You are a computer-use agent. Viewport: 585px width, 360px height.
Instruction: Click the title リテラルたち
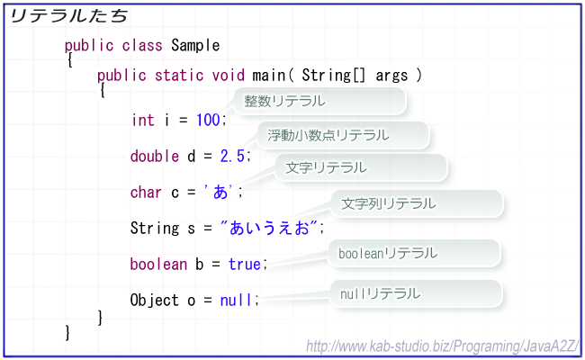(69, 16)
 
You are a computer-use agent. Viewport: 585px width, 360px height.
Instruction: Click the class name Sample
(195, 46)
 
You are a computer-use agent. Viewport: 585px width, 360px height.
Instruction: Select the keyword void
(229, 75)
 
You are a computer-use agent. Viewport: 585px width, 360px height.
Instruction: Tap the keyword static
(179, 75)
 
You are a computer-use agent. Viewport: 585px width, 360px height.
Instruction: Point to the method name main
(268, 75)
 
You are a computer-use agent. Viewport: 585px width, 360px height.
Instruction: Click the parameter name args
(391, 76)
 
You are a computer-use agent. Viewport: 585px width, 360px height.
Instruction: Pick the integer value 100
(208, 120)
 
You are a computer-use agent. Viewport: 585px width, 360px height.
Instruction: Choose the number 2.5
(232, 156)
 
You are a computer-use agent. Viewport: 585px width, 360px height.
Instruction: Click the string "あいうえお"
(268, 228)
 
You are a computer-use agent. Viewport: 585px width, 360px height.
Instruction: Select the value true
(245, 264)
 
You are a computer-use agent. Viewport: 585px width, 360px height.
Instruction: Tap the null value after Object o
(236, 300)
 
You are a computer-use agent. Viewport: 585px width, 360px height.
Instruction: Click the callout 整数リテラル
(319, 101)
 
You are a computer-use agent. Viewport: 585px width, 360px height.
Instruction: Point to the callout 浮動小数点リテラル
(343, 135)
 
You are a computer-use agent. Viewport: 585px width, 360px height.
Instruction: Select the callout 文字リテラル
(361, 167)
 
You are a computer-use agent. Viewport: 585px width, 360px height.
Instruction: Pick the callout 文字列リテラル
(417, 203)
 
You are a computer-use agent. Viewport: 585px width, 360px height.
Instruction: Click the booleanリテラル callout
(414, 253)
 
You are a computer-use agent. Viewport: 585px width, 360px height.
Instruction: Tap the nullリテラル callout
(417, 293)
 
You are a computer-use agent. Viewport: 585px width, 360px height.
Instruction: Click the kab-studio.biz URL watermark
(443, 346)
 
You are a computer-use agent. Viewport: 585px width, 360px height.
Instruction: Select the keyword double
(155, 156)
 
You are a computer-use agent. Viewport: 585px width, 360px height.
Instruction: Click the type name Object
(155, 301)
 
